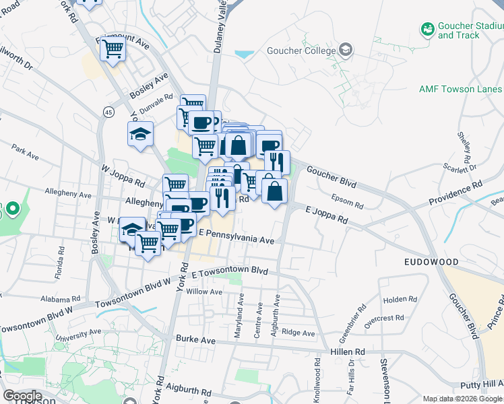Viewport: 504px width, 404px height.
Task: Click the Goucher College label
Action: coord(301,51)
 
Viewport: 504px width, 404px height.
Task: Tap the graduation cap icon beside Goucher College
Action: coord(346,50)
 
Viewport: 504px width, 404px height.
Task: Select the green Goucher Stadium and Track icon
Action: coord(427,29)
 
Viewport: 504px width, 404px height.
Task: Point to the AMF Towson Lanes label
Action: coord(460,89)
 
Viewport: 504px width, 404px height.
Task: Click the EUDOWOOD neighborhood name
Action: coord(431,261)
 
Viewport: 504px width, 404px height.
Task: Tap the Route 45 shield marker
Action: coord(108,110)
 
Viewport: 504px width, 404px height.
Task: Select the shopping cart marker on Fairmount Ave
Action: coord(113,48)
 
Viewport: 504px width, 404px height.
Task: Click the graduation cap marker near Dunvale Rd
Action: coord(141,134)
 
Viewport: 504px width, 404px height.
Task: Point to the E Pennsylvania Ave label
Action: coord(235,240)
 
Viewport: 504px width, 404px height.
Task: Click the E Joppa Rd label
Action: coord(326,216)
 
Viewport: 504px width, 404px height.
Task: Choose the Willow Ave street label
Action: coord(204,292)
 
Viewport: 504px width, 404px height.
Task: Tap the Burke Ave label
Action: coord(195,341)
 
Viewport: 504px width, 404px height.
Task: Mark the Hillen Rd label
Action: coord(347,351)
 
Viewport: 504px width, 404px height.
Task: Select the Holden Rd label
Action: coord(400,300)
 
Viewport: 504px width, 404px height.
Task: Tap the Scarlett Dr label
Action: coord(461,166)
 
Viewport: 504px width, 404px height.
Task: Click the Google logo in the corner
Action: coord(22,396)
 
